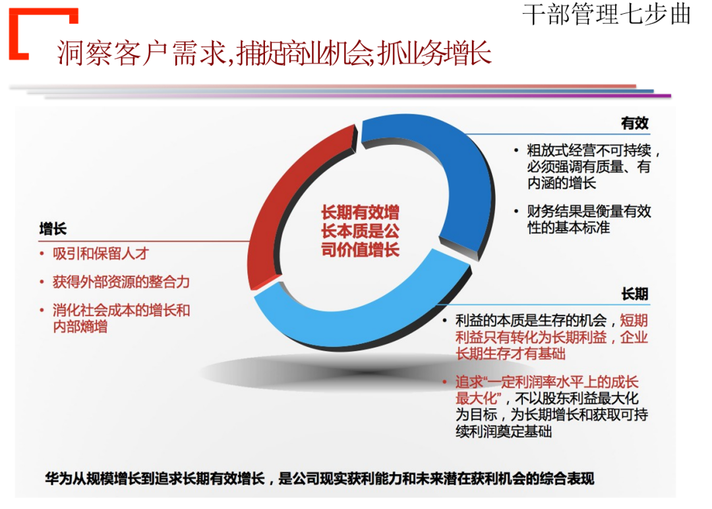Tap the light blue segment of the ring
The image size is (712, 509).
369,316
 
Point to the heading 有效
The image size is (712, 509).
634,124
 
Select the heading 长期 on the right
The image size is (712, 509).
634,294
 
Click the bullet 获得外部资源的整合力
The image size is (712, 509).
121,282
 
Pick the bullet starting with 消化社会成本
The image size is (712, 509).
121,317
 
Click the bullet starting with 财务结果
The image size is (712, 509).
588,219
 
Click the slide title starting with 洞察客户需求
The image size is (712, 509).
274,53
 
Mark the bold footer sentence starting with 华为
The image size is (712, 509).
319,477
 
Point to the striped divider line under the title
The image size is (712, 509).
343,91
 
